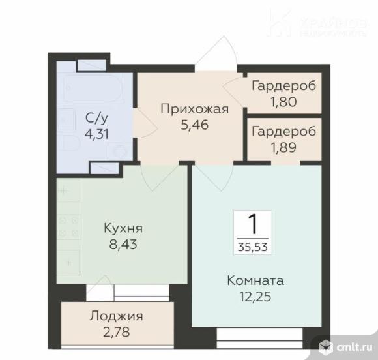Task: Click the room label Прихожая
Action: click(195, 109)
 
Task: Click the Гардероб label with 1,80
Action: click(283, 86)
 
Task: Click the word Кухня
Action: click(123, 229)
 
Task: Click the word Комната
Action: click(255, 281)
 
